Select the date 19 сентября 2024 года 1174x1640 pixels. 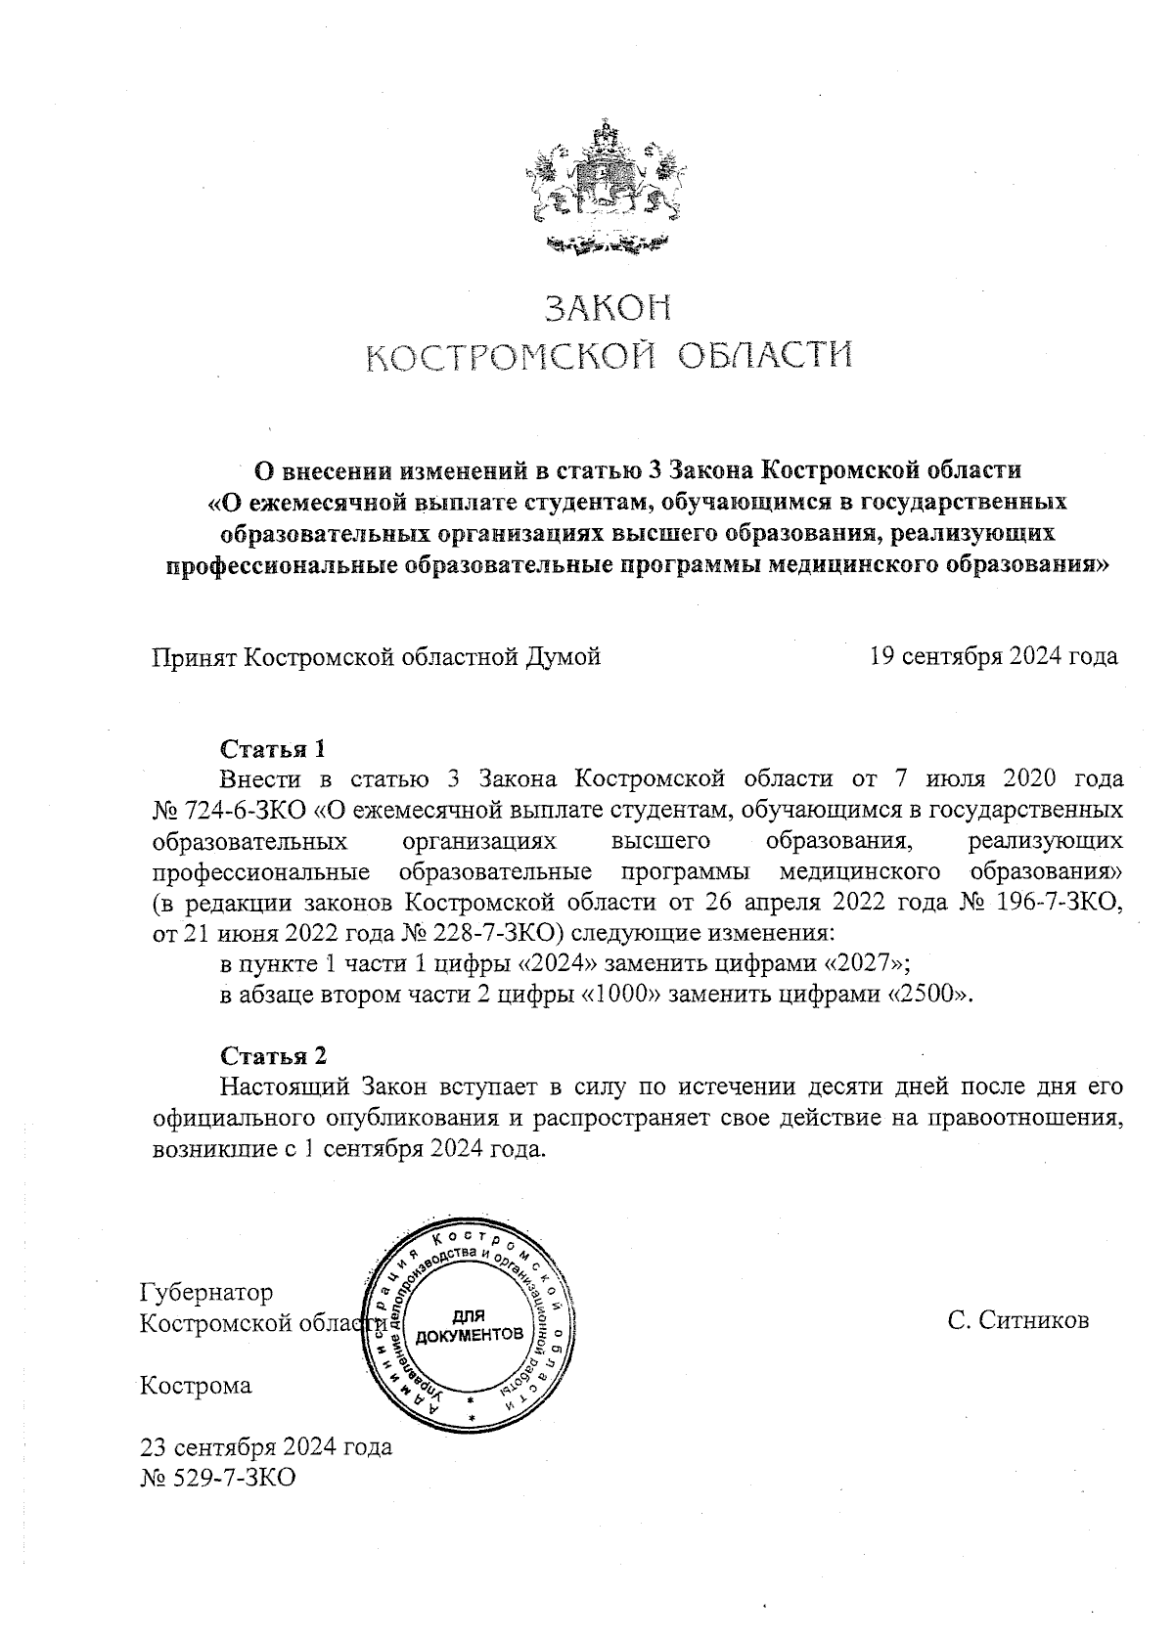pos(994,656)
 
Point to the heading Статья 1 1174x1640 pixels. pos(272,750)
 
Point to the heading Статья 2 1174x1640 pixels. pos(273,1057)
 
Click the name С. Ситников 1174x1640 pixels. pos(1017,1322)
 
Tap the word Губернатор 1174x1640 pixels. pos(206,1293)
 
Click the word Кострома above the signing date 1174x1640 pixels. pos(196,1386)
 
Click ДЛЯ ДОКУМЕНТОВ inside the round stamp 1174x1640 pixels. pos(470,1326)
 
